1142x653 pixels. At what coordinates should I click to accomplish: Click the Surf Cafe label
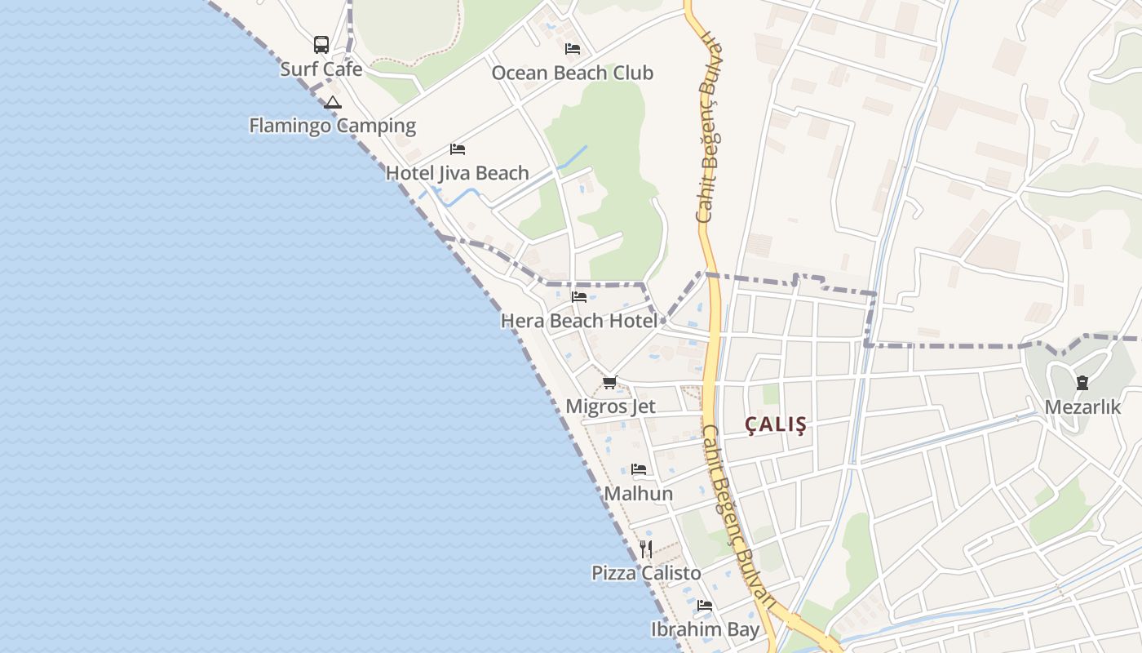coord(321,69)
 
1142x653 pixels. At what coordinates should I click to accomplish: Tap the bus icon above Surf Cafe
coord(321,44)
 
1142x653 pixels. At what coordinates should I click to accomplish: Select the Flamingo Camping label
coord(332,126)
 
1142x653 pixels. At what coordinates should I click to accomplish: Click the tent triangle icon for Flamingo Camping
coord(332,103)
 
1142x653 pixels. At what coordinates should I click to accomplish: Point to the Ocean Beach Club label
coord(572,73)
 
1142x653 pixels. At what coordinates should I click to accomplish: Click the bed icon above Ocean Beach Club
coord(573,49)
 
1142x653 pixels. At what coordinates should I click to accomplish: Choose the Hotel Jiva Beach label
coord(457,173)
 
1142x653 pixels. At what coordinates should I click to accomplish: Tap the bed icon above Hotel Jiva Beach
coord(458,149)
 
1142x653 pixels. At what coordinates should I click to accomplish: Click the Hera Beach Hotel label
coord(578,321)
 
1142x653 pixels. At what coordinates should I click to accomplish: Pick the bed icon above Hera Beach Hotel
coord(579,296)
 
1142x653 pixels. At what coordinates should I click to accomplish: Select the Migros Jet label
coord(610,406)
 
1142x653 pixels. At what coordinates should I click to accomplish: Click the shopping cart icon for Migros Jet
coord(610,381)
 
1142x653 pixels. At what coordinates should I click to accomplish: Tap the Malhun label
coord(638,494)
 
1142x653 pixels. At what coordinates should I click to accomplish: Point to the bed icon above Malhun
coord(639,469)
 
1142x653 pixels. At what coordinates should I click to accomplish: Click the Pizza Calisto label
coord(646,573)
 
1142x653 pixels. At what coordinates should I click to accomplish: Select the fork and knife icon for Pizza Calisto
coord(646,549)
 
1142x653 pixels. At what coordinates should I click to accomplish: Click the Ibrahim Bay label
coord(705,629)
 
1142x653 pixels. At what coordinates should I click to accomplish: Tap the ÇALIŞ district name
coord(776,424)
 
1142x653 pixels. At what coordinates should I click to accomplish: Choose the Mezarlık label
coord(1082,406)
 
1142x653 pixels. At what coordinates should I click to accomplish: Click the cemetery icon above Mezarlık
coord(1082,382)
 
